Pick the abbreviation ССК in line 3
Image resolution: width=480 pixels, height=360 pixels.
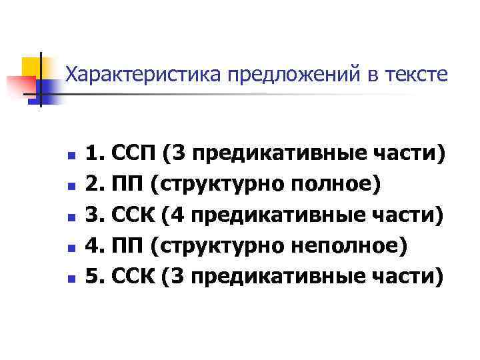coord(135,215)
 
